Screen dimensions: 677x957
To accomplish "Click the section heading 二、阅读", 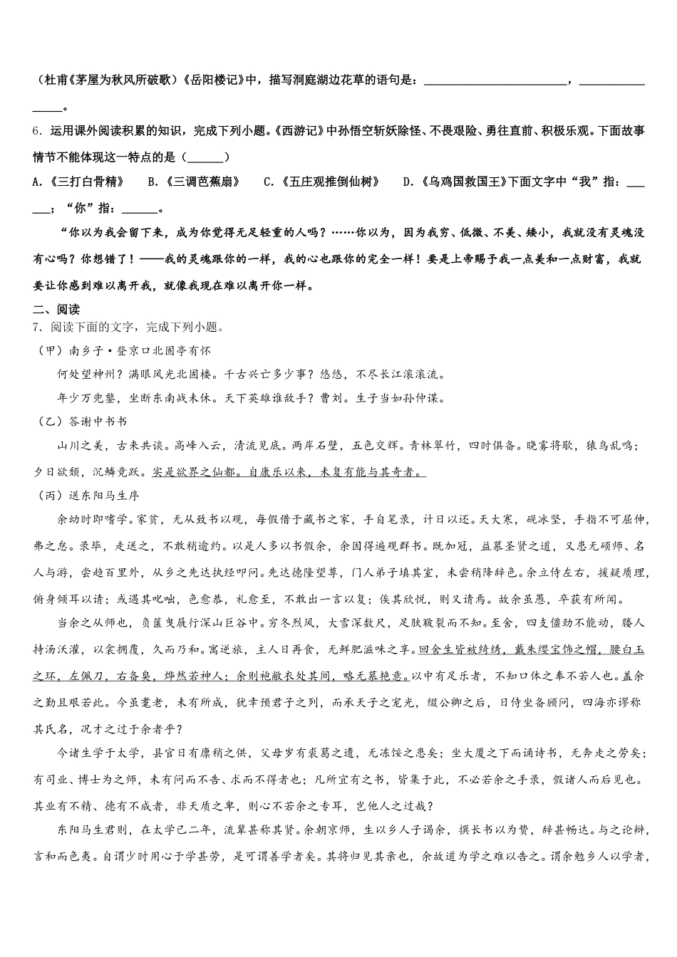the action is (x=56, y=310).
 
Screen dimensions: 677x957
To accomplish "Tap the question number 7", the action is (x=36, y=327).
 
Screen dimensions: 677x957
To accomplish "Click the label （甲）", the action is (x=49, y=350).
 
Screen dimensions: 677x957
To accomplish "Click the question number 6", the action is (x=36, y=131).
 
